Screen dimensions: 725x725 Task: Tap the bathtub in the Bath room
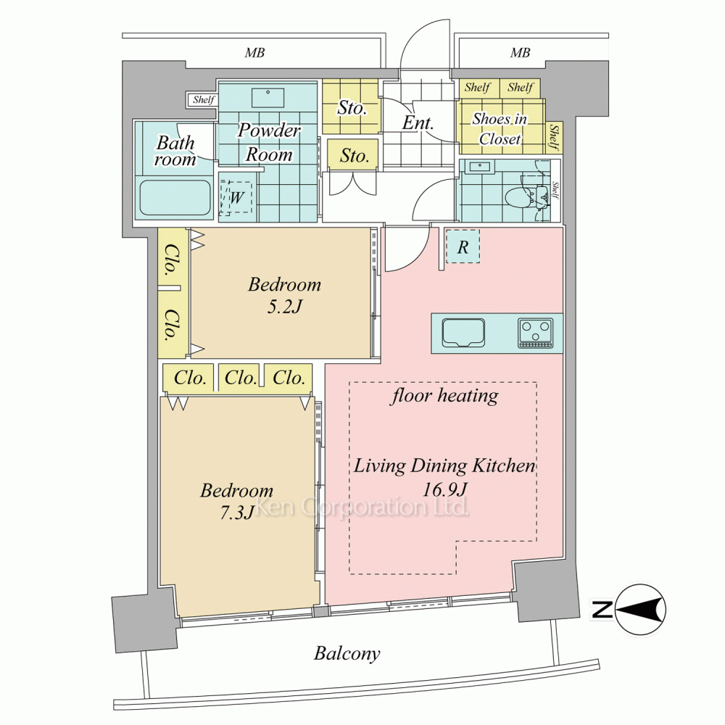click(175, 197)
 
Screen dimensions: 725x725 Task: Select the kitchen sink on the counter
click(463, 333)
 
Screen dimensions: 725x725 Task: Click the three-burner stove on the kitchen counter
click(536, 333)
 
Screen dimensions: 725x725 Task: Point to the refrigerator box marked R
click(463, 247)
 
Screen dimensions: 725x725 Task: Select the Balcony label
click(347, 653)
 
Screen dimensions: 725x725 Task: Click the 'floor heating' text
click(444, 396)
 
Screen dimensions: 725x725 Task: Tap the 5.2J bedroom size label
click(284, 307)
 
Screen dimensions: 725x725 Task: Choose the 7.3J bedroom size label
click(236, 513)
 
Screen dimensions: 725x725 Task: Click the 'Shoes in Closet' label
click(500, 128)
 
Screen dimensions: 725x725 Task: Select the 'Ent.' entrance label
click(418, 123)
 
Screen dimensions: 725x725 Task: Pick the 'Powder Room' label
click(269, 142)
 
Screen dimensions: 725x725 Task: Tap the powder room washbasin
click(268, 97)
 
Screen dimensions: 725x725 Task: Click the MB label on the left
click(254, 53)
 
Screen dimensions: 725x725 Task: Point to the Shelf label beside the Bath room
click(204, 100)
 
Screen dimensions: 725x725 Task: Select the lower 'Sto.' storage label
click(355, 155)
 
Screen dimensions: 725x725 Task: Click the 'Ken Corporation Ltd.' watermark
click(362, 506)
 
